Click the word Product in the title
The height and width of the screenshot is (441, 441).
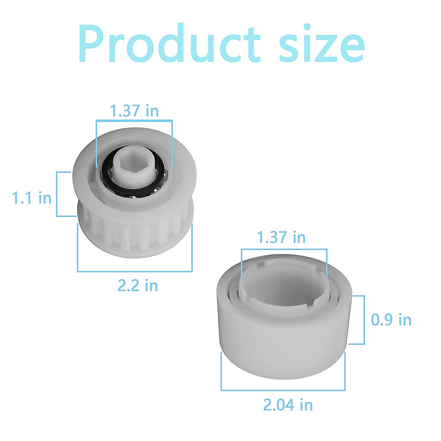[169, 44]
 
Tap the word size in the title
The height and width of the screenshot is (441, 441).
[322, 44]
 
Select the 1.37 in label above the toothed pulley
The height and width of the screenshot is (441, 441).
[135, 111]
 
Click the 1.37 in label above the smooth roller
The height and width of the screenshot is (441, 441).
[281, 237]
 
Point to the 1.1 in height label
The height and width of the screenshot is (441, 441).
[32, 198]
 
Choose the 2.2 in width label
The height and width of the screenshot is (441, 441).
[138, 286]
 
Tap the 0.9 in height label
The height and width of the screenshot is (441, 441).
[391, 320]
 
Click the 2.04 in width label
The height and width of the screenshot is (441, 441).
[288, 405]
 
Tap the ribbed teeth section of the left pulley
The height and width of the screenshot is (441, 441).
[134, 232]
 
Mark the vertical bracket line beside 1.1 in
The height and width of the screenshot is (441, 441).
[57, 194]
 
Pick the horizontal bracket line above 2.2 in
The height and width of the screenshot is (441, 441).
[135, 271]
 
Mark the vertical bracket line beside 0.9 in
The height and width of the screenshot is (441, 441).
[364, 320]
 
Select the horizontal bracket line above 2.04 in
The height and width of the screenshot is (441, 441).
[283, 390]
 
